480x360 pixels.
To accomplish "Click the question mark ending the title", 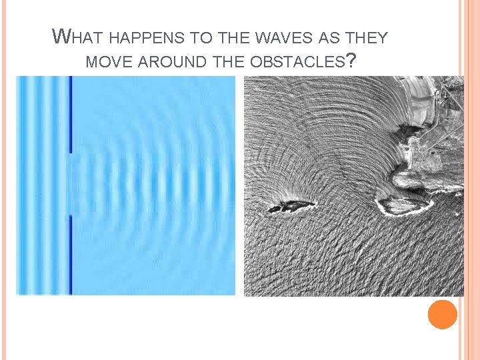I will coord(351,61).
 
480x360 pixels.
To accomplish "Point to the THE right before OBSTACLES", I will coord(229,62).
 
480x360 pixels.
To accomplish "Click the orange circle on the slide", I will coord(443,315).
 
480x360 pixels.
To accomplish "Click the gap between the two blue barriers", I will coord(69,184).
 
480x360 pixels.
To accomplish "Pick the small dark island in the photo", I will coord(291,206).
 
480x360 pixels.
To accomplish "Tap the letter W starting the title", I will coord(60,37).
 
